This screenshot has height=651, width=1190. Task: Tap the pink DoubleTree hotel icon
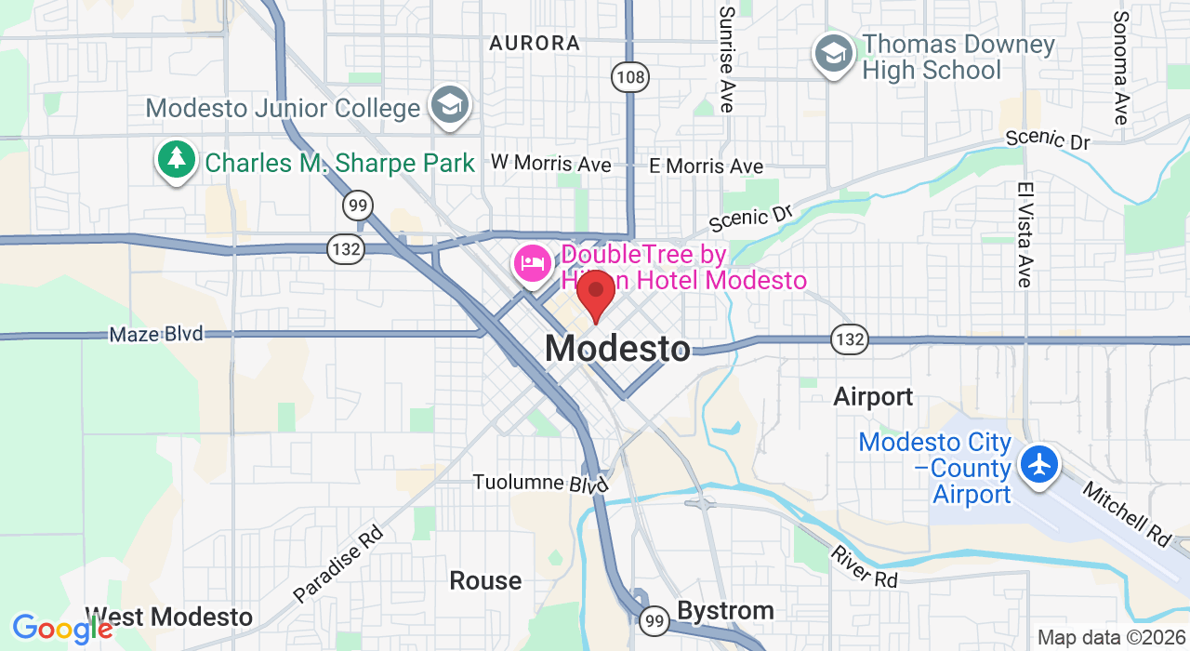click(532, 263)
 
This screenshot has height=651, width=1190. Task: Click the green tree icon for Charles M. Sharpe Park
click(176, 160)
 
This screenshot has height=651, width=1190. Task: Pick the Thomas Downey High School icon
click(834, 54)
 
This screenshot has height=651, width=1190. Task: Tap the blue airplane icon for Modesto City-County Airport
click(1039, 462)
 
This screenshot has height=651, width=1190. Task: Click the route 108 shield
click(630, 76)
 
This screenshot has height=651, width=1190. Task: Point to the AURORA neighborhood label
click(535, 43)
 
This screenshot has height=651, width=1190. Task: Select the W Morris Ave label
click(551, 164)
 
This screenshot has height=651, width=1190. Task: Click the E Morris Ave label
click(707, 166)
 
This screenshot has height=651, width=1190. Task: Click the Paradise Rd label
click(338, 563)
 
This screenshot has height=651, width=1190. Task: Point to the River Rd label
click(864, 566)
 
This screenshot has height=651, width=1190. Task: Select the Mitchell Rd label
click(1128, 514)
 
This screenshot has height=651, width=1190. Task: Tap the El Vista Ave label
click(1025, 233)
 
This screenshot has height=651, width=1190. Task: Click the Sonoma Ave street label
click(1121, 68)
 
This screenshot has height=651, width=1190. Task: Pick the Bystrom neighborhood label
click(725, 611)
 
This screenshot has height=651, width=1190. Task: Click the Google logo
click(62, 630)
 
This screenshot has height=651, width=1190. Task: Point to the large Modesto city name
click(617, 349)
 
